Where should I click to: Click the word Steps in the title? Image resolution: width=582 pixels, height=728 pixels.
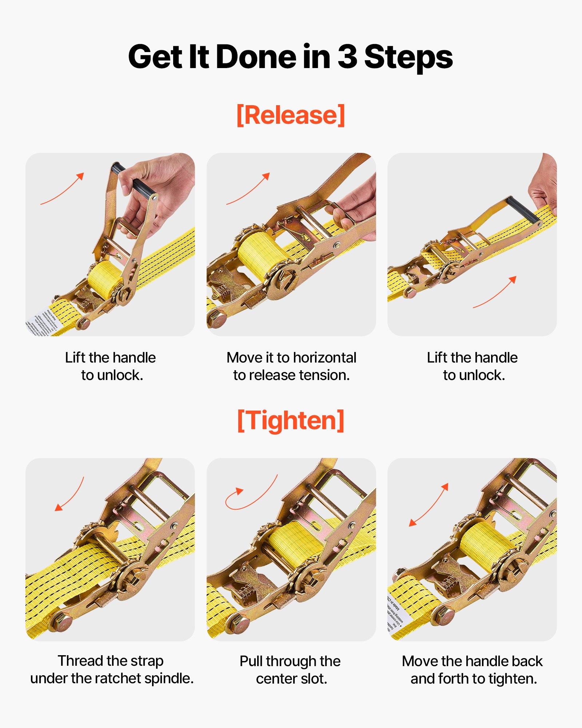(x=408, y=58)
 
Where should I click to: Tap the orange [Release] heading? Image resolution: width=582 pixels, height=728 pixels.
(x=291, y=115)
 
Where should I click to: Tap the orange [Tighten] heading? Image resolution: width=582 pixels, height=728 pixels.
(x=291, y=420)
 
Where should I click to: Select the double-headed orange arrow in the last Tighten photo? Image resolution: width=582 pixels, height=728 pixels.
(x=428, y=505)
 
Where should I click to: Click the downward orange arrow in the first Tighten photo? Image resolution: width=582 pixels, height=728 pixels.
(x=69, y=494)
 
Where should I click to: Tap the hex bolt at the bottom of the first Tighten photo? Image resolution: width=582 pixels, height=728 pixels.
(x=61, y=623)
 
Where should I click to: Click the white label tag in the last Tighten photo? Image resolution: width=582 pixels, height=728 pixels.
(x=398, y=615)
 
